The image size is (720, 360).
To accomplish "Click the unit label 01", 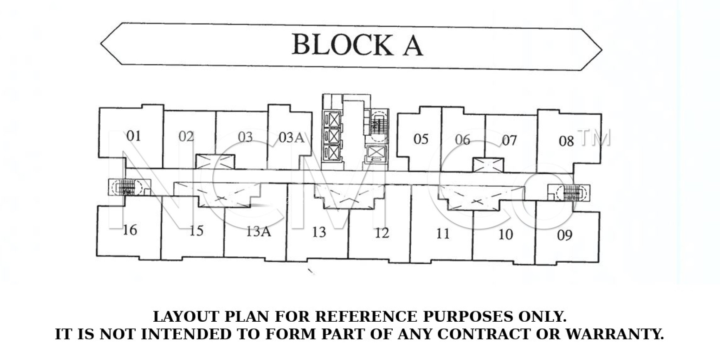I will (134, 136).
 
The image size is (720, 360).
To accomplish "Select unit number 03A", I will (291, 137).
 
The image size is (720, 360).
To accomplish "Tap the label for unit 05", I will (421, 139).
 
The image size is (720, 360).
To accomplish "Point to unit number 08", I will (566, 141).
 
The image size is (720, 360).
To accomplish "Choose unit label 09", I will (565, 235).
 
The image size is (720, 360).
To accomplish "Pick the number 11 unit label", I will (443, 234).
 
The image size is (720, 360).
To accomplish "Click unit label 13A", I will (258, 232).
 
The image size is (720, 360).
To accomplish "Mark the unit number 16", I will (130, 230).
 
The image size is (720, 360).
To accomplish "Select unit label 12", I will (382, 233).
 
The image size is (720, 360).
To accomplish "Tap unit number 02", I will (186, 136).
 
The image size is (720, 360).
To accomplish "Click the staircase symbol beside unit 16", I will (126, 188).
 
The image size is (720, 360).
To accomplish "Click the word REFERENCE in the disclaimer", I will (366, 317).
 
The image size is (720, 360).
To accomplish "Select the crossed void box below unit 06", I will (488, 165).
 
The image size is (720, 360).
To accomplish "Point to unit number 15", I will (197, 231).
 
